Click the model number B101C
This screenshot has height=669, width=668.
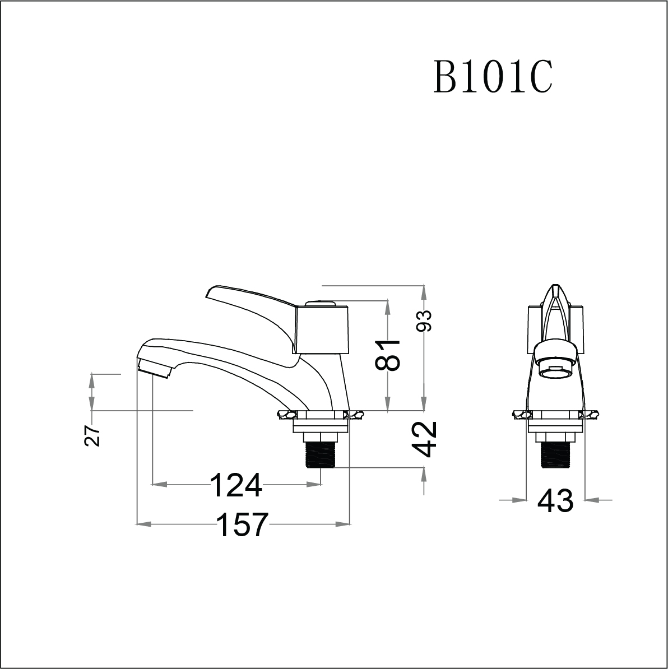click(493, 78)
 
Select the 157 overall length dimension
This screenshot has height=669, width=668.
click(242, 524)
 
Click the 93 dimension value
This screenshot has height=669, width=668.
click(425, 321)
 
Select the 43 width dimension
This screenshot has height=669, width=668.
click(555, 500)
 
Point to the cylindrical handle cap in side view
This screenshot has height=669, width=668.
click(322, 329)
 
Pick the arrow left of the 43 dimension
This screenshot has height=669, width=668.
click(520, 499)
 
